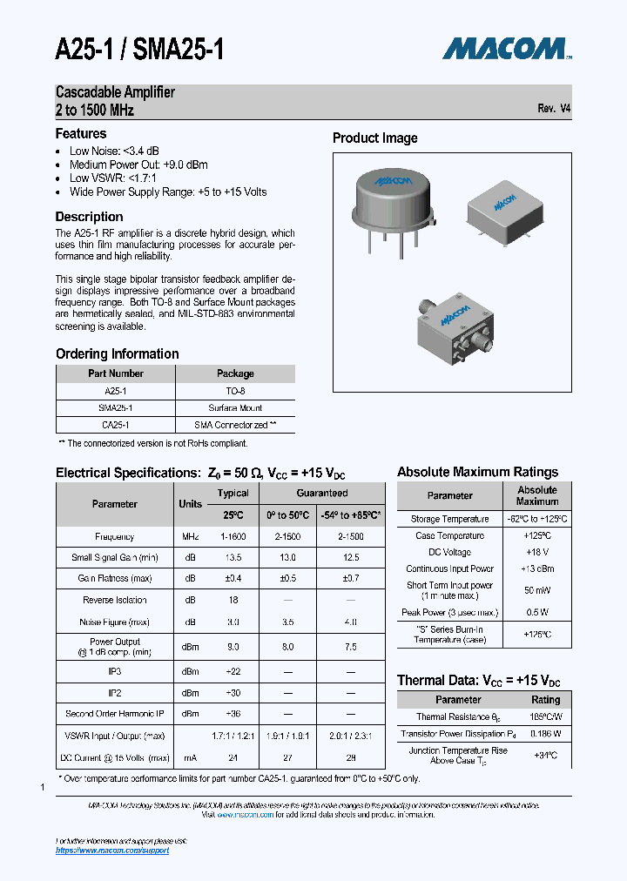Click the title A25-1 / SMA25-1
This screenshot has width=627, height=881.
(x=139, y=50)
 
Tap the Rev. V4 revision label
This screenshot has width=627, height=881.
(x=554, y=109)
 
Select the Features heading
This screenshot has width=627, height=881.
(x=81, y=134)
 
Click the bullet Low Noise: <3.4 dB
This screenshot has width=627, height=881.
(x=114, y=151)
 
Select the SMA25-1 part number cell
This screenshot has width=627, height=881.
(x=116, y=407)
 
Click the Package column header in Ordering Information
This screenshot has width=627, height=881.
(x=235, y=373)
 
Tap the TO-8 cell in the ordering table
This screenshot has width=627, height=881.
(x=235, y=391)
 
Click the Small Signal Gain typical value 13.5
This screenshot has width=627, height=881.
(x=233, y=558)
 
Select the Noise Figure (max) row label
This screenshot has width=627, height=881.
(x=115, y=622)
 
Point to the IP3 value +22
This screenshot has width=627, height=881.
(x=233, y=671)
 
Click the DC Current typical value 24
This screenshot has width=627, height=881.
(x=233, y=758)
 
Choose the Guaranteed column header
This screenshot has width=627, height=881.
(x=321, y=493)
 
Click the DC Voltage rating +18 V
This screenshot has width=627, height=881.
(x=536, y=552)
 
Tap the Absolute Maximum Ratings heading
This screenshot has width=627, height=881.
(x=477, y=472)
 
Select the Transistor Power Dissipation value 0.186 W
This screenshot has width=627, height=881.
(x=545, y=734)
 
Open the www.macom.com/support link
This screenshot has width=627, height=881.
(x=112, y=851)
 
